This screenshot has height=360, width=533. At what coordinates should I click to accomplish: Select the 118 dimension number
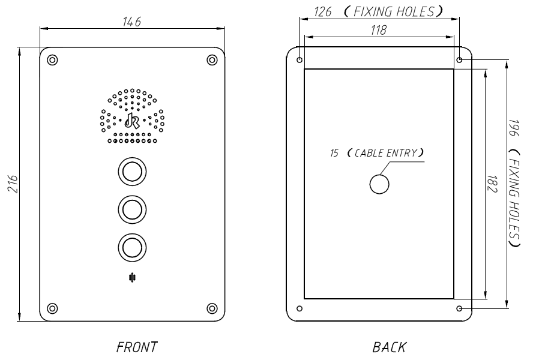tap(378, 30)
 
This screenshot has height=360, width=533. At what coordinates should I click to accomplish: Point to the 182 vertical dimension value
tap(490, 184)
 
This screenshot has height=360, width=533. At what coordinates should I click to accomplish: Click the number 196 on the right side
tap(514, 128)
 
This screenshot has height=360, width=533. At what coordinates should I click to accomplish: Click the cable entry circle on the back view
tap(379, 185)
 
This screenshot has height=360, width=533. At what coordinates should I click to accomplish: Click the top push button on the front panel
tap(131, 172)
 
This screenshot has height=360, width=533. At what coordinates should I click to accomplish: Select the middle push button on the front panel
tap(131, 209)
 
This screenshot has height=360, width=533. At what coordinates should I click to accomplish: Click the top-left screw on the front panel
tap(52, 60)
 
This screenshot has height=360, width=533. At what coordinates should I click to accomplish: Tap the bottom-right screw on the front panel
tap(212, 308)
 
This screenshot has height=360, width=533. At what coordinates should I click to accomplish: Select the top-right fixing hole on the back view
tap(460, 61)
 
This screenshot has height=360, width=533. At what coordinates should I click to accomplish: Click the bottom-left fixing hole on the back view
tap(300, 309)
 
